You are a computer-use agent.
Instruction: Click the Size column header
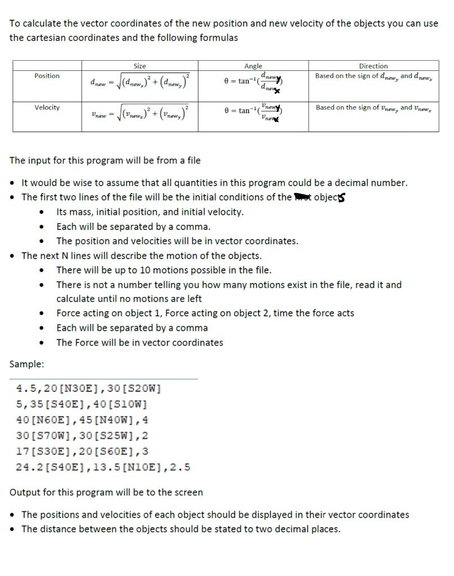(x=140, y=66)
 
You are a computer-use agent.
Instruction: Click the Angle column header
(x=253, y=66)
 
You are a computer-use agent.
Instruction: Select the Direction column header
(x=373, y=66)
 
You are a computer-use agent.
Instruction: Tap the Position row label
(x=47, y=76)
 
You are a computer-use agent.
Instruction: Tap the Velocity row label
(x=47, y=107)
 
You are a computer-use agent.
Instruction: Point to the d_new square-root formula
(x=140, y=82)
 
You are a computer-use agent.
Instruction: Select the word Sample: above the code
(x=26, y=364)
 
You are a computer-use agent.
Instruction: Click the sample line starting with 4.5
(x=89, y=388)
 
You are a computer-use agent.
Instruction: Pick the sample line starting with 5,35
(x=82, y=404)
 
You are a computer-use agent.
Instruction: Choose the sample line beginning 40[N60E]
(x=82, y=420)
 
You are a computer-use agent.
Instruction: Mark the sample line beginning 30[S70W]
(x=82, y=435)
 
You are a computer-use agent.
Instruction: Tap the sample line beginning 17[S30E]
(x=82, y=451)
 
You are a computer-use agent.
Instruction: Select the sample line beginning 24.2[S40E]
(x=103, y=467)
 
